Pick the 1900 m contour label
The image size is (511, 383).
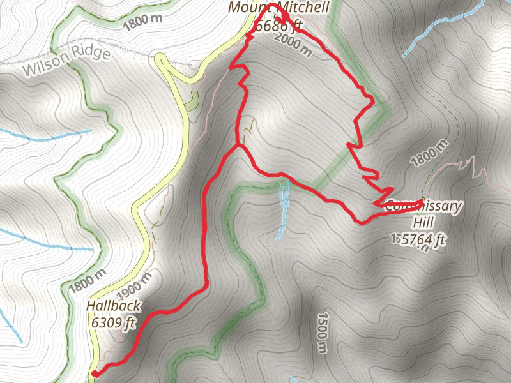tap(136, 289)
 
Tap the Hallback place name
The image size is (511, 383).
tap(112, 306)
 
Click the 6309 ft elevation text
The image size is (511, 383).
tap(114, 322)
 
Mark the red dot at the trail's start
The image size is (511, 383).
tap(95, 374)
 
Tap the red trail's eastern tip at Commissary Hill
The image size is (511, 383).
tap(422, 202)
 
